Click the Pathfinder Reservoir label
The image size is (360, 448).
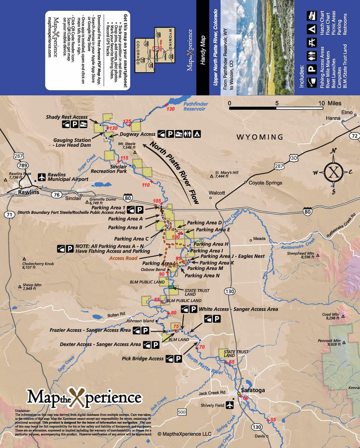point(195,106)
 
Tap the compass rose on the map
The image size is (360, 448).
point(334,172)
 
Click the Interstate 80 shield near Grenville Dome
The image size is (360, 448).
point(128,198)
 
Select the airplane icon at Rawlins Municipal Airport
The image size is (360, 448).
point(42,177)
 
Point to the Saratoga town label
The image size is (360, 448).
point(253,390)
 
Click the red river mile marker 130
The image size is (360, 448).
point(170,109)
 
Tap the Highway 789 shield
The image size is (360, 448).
point(23,166)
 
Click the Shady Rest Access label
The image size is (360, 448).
point(67,117)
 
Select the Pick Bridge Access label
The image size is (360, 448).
point(143,359)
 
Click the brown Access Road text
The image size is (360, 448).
point(123,258)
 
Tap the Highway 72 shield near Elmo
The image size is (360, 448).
point(355,136)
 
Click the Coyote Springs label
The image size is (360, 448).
point(265,183)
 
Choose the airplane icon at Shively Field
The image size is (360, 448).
point(230,405)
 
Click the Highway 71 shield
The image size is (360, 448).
point(10,215)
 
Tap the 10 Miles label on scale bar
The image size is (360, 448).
point(330,103)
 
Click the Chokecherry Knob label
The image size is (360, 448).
point(38,265)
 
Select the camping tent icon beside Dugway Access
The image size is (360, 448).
point(197,134)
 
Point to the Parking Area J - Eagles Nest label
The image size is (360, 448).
point(232,256)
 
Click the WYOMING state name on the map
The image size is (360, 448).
point(260,137)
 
